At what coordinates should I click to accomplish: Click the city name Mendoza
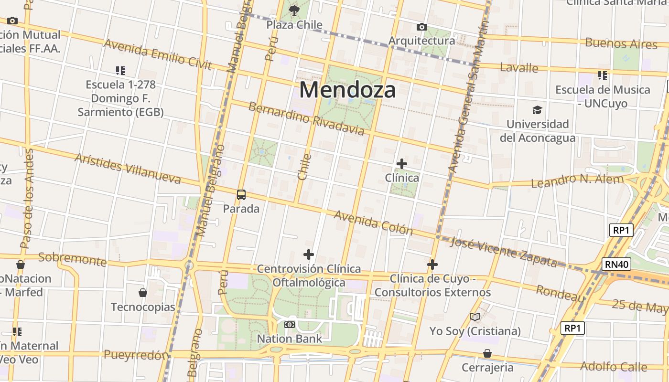point(348,90)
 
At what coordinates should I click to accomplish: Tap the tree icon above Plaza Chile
point(294,10)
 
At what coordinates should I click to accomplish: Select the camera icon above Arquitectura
point(421,27)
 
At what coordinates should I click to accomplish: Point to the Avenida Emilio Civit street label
point(158,55)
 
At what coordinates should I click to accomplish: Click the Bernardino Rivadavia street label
point(306,118)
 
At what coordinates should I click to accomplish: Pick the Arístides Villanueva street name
point(128,169)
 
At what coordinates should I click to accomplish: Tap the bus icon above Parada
point(241,195)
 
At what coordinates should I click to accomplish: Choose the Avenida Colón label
point(373,223)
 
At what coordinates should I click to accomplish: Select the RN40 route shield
point(617,264)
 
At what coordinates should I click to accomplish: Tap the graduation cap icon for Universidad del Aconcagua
point(538,110)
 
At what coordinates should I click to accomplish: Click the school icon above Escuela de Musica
point(603,75)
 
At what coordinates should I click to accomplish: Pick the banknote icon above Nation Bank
point(290,325)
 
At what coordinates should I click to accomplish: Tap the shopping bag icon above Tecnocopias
point(143,293)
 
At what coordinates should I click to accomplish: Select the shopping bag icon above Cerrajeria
point(487,353)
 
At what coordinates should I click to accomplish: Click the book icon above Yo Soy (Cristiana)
point(475,317)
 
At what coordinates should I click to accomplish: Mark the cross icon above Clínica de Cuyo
point(432,264)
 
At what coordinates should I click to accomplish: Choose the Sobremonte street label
point(73,259)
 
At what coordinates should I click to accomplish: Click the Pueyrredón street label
point(137,355)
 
